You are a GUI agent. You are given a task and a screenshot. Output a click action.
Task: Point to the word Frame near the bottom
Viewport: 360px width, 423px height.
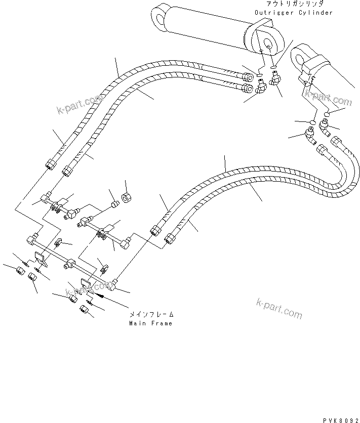click(x=161, y=323)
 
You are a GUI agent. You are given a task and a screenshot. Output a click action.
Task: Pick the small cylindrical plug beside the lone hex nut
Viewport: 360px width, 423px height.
click(x=114, y=204)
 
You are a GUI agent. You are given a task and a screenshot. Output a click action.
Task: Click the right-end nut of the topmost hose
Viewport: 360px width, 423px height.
click(x=248, y=77)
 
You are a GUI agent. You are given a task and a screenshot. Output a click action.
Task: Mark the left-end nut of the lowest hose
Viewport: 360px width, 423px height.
click(x=170, y=236)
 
